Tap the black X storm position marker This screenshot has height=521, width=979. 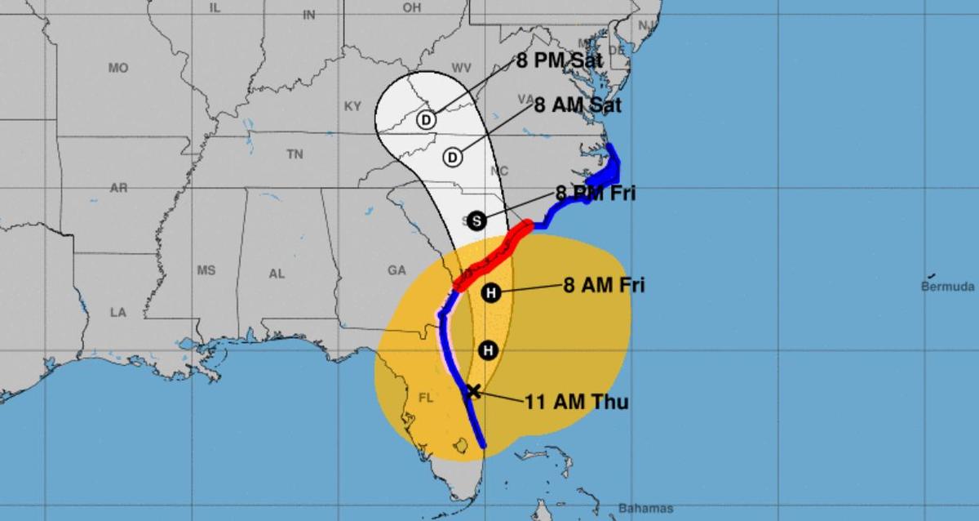(x=472, y=391)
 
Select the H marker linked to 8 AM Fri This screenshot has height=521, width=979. (x=490, y=293)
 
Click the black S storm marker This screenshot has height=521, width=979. (x=477, y=220)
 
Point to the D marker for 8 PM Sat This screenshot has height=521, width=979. (x=425, y=120)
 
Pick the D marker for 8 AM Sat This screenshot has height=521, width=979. (x=453, y=157)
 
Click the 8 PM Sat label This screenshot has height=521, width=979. (x=559, y=61)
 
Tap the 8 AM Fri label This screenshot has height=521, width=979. (x=604, y=286)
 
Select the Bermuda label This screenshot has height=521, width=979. (x=947, y=287)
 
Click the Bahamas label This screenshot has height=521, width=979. (x=646, y=509)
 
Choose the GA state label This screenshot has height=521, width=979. (x=397, y=270)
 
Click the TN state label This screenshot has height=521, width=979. (x=295, y=154)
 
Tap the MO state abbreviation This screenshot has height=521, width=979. (x=118, y=69)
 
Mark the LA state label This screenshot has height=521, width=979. (x=119, y=312)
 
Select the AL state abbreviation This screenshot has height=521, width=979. (x=277, y=274)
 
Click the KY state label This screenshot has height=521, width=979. (x=352, y=106)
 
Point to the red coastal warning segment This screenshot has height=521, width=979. (x=492, y=256)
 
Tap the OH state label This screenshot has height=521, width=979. (x=412, y=7)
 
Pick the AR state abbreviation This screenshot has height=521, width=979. (x=119, y=188)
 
